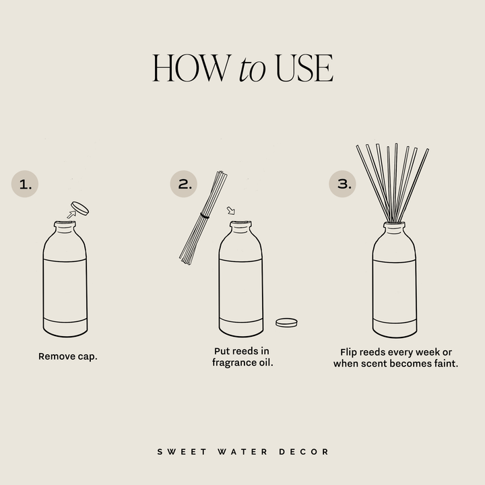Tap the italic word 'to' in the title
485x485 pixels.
(x=252, y=71)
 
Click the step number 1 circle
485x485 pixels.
(x=26, y=184)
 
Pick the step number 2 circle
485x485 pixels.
(x=184, y=184)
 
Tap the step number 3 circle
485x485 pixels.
(x=343, y=184)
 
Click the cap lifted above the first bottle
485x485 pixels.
(x=82, y=207)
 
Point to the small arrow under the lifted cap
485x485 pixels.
(x=70, y=214)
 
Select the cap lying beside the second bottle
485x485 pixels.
(x=287, y=322)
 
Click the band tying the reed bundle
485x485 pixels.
(x=205, y=216)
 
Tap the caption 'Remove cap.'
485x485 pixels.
(x=67, y=356)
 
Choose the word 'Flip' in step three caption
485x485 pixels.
(x=350, y=352)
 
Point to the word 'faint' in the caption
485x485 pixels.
(x=444, y=363)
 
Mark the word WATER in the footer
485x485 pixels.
(x=239, y=451)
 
